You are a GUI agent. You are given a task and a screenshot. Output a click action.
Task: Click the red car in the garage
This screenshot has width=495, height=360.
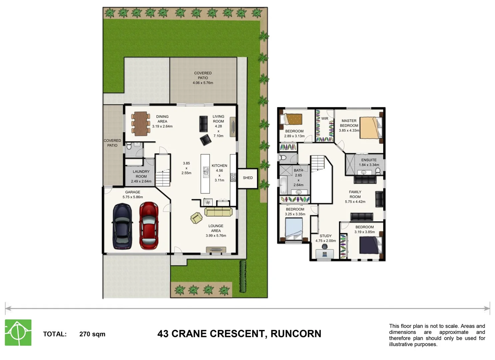point(149,226)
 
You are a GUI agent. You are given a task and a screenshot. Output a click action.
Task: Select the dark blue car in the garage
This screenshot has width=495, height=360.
point(122,226)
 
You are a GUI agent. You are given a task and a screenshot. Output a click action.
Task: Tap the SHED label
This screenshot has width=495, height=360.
point(247,178)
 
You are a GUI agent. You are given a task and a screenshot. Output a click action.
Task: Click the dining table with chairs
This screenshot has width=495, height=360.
point(141,124)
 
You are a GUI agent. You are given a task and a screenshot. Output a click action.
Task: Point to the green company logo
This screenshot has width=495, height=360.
point(18,332)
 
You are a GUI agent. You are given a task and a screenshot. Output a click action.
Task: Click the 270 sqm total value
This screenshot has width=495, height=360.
point(92,334)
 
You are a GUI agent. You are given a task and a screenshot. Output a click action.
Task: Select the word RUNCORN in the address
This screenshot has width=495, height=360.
point(296,334)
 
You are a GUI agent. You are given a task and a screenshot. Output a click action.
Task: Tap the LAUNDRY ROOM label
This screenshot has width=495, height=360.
point(141,174)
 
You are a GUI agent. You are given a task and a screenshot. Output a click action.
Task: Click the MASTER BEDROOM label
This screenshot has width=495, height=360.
point(349,123)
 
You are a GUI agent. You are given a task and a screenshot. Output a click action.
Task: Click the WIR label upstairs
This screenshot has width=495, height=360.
point(324,118)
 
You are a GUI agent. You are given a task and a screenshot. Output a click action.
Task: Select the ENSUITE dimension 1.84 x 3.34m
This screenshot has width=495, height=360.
point(369,165)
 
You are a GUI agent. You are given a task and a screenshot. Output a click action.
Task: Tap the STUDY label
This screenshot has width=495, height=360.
point(325,236)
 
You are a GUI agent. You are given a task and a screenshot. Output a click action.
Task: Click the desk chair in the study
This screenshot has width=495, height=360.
point(324,247)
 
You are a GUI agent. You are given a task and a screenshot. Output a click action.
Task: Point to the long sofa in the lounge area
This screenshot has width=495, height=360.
point(219,211)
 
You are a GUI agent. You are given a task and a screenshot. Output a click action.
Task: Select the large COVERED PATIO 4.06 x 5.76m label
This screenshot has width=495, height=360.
point(203,78)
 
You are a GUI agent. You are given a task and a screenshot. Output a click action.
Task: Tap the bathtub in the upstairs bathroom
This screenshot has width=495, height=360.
point(283,185)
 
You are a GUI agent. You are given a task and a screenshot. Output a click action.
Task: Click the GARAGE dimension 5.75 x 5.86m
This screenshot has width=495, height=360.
point(133,197)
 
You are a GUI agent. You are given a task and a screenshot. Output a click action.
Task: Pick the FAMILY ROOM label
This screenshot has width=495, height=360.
point(355,194)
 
